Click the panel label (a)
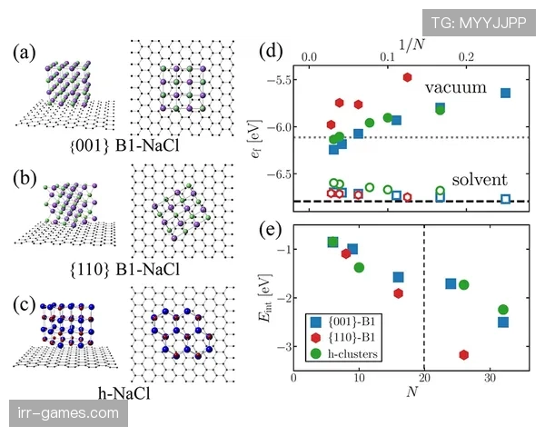point(25,51)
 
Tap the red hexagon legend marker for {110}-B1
point(315,335)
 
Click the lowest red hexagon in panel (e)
point(464,354)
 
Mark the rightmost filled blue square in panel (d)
point(505,93)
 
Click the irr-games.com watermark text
point(69,413)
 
